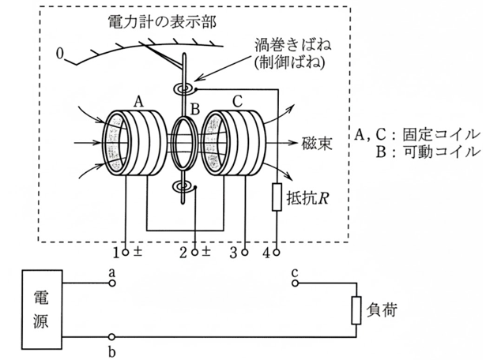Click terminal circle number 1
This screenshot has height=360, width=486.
click(126, 252)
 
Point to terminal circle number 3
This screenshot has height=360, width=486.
click(245, 252)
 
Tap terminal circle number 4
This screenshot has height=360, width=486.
click(277, 252)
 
